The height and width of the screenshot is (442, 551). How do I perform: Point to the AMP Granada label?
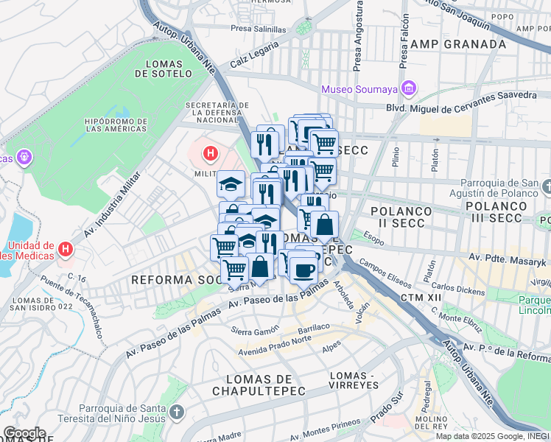[458, 44]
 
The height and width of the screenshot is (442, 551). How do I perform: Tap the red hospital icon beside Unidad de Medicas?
[65, 250]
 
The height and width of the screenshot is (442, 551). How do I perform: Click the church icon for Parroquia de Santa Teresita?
[175, 411]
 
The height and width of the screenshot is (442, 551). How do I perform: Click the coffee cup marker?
[303, 270]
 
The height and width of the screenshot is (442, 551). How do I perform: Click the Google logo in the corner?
[24, 433]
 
